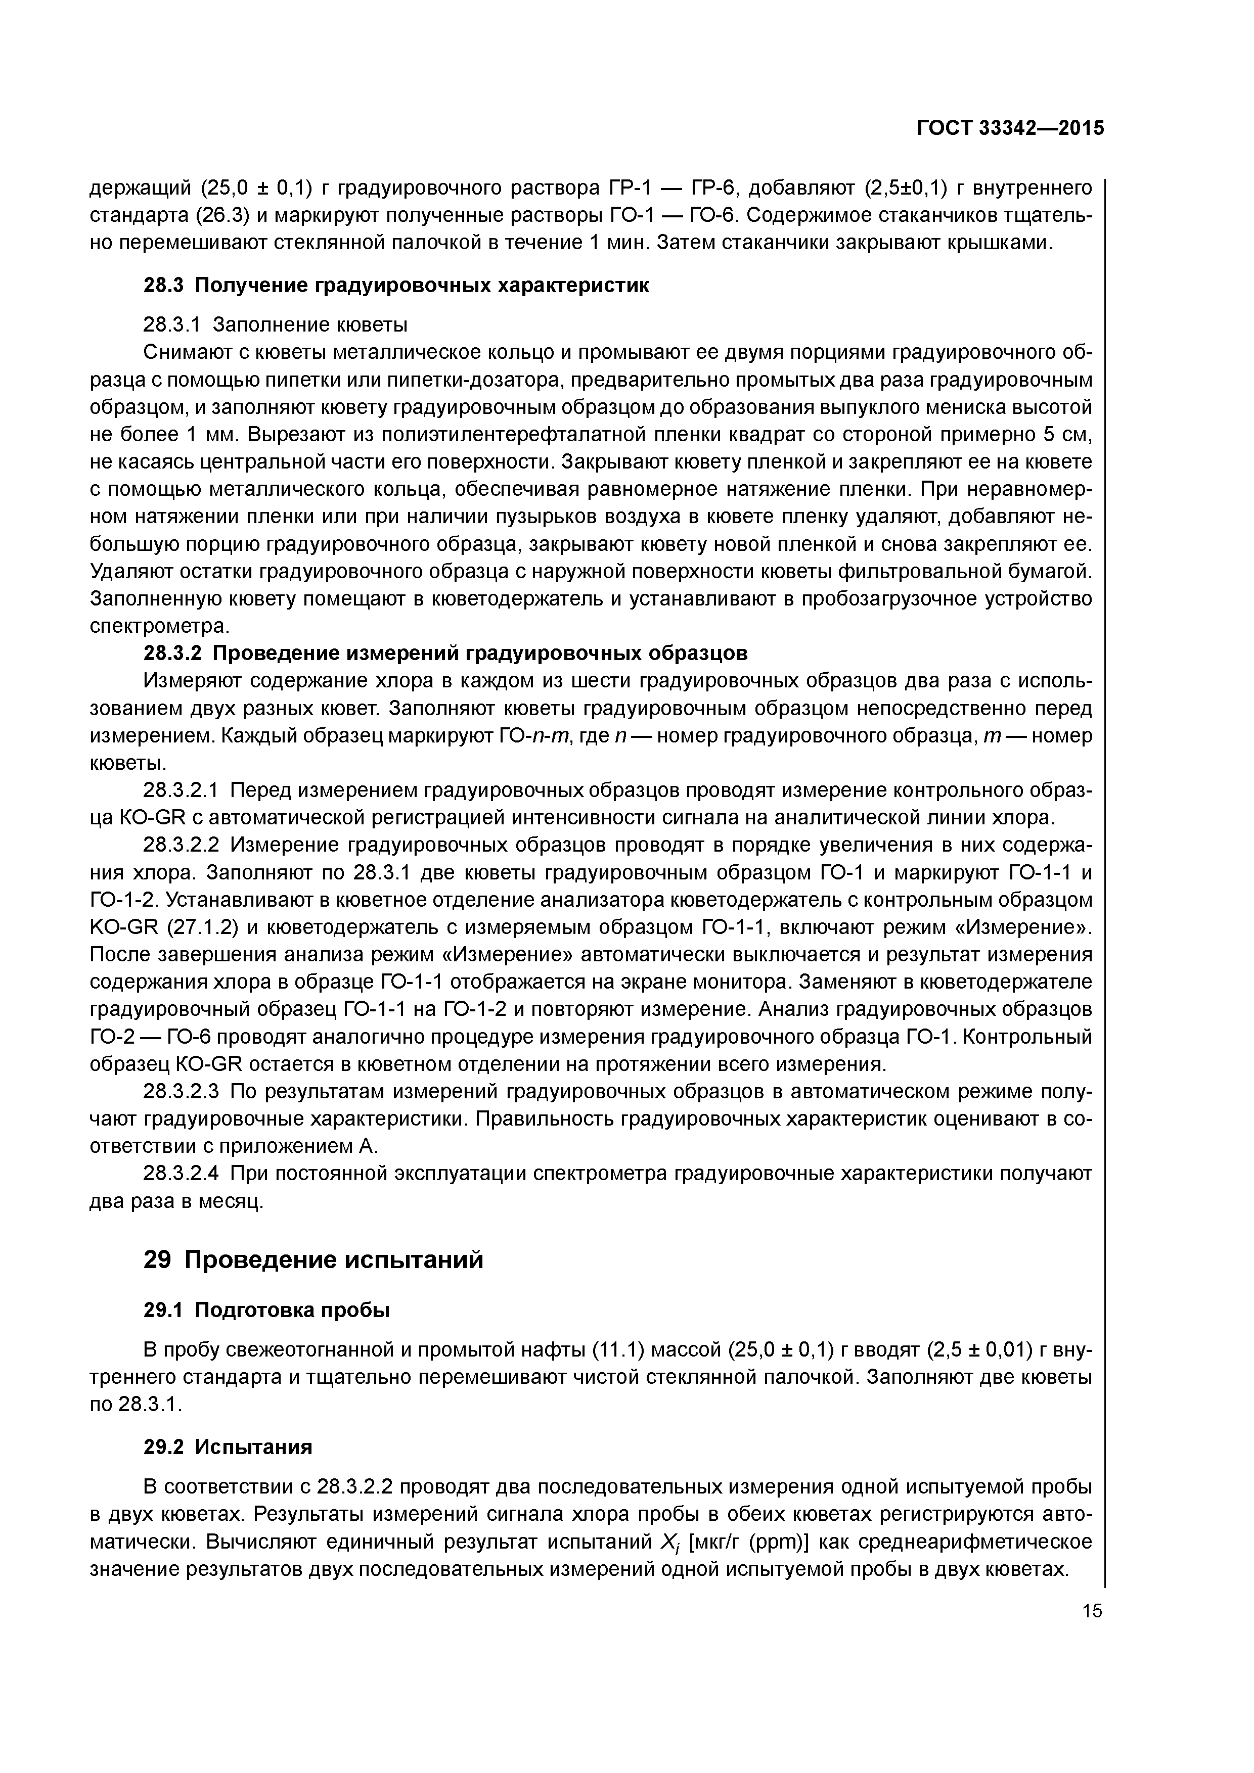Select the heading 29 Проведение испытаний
point(313,1259)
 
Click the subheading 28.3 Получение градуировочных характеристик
point(396,285)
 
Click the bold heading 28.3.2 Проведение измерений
point(446,652)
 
